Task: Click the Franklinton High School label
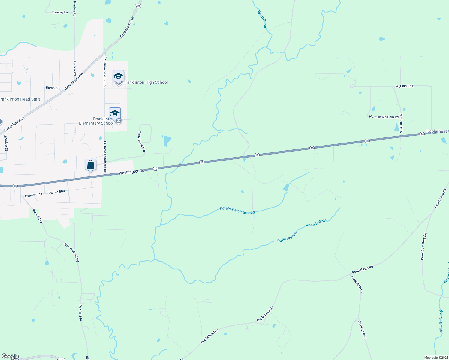pyautogui.click(x=146, y=82)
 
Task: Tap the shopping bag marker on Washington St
pyautogui.click(x=90, y=165)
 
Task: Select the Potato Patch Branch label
pyautogui.click(x=237, y=210)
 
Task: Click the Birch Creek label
pyautogui.click(x=262, y=19)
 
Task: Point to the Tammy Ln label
pyautogui.click(x=60, y=12)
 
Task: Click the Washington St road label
pyautogui.click(x=131, y=172)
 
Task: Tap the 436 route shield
pyautogui.click(x=138, y=6)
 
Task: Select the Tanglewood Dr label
pyautogui.click(x=142, y=142)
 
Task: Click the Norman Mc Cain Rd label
pyautogui.click(x=384, y=117)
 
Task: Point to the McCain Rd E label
pyautogui.click(x=405, y=86)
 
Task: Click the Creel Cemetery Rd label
pyautogui.click(x=423, y=246)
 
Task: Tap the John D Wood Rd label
pyautogui.click(x=71, y=252)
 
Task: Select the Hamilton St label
pyautogui.click(x=34, y=195)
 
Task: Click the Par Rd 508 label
pyautogui.click(x=57, y=192)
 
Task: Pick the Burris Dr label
pyautogui.click(x=52, y=88)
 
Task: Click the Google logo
pyautogui.click(x=10, y=356)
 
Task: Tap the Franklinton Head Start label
pyautogui.click(x=20, y=99)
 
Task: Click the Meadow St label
pyautogui.click(x=6, y=142)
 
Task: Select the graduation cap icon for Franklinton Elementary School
pyautogui.click(x=115, y=113)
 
